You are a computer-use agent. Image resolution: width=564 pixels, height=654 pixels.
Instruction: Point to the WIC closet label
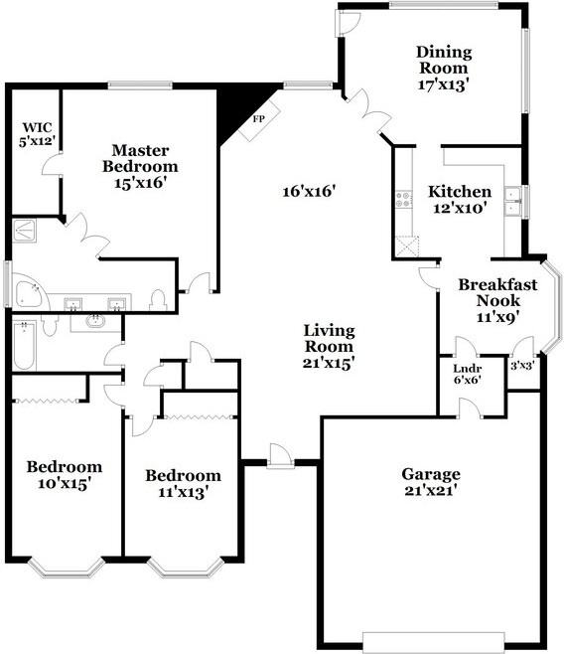[37, 127]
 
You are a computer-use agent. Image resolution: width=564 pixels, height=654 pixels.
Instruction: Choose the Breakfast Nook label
[497, 292]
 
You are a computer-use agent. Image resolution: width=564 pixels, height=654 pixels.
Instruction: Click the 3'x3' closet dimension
[522, 365]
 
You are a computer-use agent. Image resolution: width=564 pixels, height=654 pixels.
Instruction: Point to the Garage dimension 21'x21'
[431, 490]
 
